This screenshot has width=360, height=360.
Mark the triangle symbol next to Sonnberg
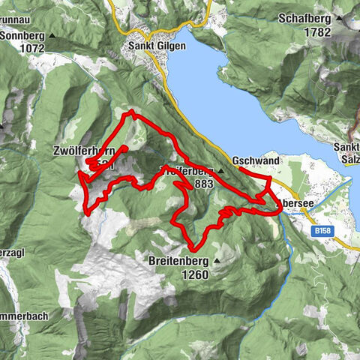coord(52,35)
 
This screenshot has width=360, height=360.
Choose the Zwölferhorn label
coord(83,151)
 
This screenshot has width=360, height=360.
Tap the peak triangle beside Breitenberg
coord(218,262)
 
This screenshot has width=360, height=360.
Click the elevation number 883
coord(202,183)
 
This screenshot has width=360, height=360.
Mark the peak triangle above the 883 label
coord(220,171)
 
